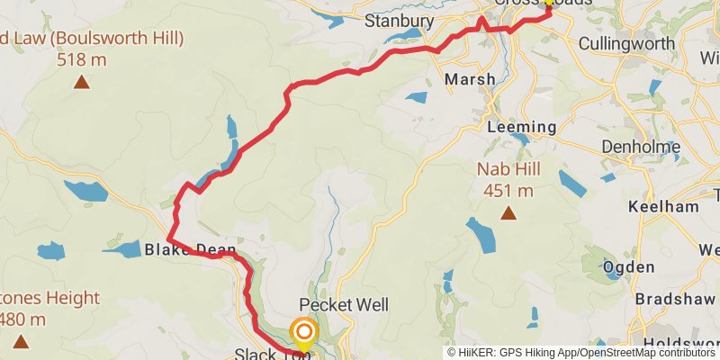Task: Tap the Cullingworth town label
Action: [x=626, y=43]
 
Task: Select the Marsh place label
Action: [x=470, y=80]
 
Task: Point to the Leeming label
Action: [x=516, y=128]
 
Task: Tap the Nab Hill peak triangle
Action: [x=508, y=213]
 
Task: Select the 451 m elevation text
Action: [x=508, y=190]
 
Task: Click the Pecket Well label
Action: [x=344, y=306]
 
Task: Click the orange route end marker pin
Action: [x=303, y=334]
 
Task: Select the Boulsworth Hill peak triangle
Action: [x=82, y=84]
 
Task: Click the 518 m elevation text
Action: [x=82, y=59]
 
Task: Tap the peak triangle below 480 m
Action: [x=22, y=341]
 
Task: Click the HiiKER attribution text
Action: [x=581, y=353]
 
